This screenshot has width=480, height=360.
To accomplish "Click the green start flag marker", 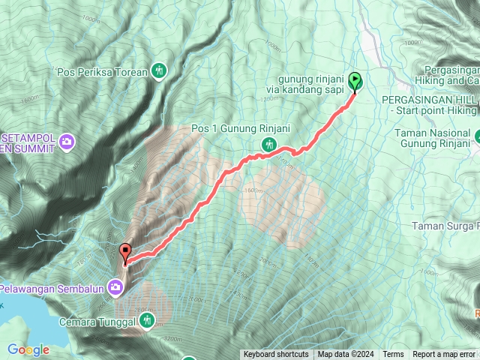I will tap(355, 80).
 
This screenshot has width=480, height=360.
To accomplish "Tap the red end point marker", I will tap(124, 253).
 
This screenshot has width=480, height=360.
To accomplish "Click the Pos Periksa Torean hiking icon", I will tap(158, 72).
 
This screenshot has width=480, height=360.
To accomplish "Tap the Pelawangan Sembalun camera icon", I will tap(115, 286).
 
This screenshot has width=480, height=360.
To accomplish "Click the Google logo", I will tap(28, 349).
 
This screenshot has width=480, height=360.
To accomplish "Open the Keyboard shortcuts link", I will tap(275, 355).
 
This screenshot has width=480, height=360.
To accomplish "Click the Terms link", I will tap(393, 355).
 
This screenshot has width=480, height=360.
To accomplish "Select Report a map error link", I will tap(444, 355).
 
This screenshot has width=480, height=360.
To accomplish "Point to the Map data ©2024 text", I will tap(344, 355).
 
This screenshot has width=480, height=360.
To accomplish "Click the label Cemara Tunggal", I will tap(97, 322).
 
